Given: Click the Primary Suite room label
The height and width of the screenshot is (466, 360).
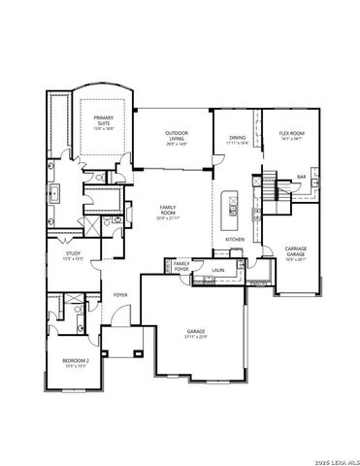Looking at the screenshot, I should point(102,120).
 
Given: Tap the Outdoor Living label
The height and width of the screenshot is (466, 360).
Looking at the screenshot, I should point(176,136).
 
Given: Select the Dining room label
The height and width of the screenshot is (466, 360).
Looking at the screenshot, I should point(237,138).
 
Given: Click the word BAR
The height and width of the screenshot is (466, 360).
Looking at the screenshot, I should point(301,177).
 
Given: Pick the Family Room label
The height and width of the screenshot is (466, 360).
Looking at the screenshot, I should point(166,211).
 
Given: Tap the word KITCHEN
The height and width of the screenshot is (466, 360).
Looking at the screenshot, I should point(234,239).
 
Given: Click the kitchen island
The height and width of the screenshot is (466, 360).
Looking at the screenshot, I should point(233,203).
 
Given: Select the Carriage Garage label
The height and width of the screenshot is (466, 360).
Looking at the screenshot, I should point(295,250).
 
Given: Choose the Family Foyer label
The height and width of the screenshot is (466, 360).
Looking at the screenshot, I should point(180,265).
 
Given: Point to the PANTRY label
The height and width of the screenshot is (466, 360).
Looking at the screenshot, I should point(257,283).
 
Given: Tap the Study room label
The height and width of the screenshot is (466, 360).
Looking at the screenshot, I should point(72,254).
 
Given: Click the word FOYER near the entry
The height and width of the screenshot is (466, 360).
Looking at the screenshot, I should point(120,294).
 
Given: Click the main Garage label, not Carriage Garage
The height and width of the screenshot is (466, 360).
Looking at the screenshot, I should point(197,331).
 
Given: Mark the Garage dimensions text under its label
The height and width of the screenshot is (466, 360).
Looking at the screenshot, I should point(197,338).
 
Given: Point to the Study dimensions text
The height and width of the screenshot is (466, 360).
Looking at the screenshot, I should point(72,260).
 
